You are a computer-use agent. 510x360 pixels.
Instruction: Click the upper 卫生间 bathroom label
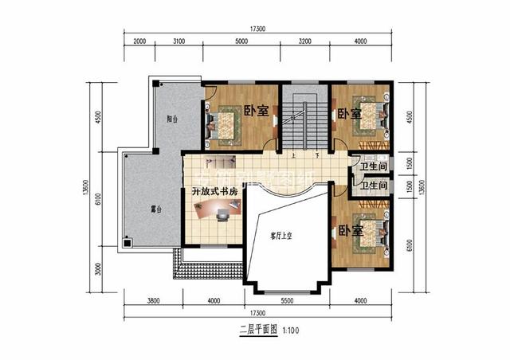[373, 166]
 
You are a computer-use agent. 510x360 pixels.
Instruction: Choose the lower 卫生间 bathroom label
[373, 186]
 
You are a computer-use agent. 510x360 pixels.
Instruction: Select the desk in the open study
[215, 210]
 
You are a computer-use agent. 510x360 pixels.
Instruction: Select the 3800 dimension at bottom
[154, 300]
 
